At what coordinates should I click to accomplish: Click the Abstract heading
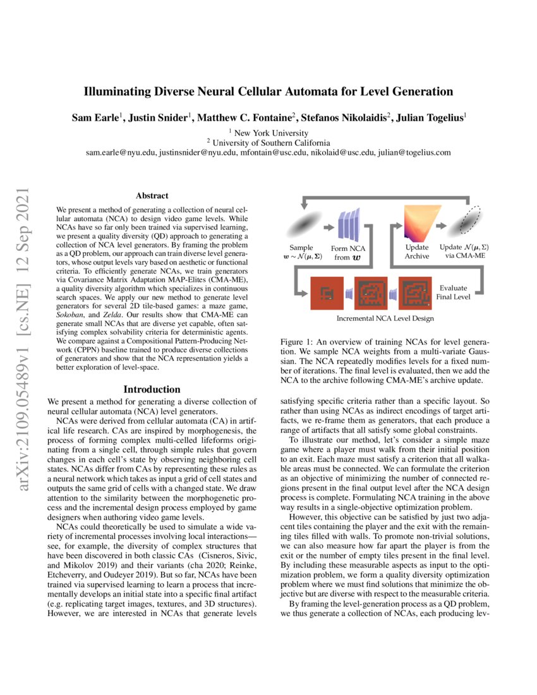tap(152, 196)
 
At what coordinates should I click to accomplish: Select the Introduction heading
tap(152, 389)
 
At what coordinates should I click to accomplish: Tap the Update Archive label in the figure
tap(416, 251)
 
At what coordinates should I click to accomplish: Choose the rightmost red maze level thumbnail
tap(415, 293)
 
